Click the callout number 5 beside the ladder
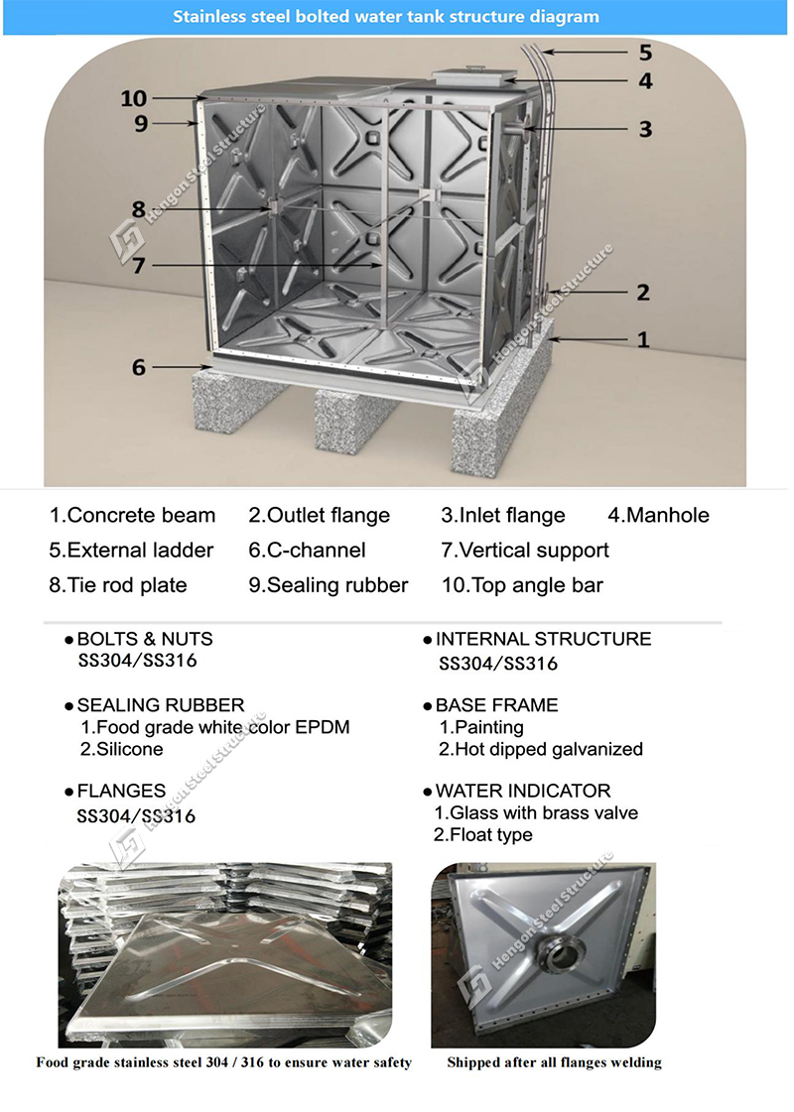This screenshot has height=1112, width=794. point(645,52)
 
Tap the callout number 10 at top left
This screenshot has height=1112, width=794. point(133,98)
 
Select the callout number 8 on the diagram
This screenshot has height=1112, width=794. point(138,209)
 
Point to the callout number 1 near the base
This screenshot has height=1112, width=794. point(643,339)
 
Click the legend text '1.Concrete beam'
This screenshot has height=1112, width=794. point(132,515)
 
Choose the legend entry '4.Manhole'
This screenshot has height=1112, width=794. point(658,515)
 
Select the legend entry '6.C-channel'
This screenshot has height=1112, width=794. point(308,550)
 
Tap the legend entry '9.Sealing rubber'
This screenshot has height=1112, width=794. point(329,585)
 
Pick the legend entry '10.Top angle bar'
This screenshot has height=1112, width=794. point(522,585)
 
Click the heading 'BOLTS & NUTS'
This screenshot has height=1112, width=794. point(145,639)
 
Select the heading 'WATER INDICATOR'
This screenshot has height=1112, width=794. point(523,791)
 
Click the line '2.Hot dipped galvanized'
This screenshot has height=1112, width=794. point(541,750)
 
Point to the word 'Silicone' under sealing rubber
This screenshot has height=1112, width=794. point(130,750)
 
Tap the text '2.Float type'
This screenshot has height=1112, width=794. point(483,834)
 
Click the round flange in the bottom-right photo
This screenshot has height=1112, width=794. point(558,957)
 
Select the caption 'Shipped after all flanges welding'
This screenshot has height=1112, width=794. point(554,1062)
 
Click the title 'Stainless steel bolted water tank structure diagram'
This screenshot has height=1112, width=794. point(386,16)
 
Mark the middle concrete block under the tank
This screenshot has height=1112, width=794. point(352,420)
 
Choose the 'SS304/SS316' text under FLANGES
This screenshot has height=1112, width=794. point(136,816)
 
